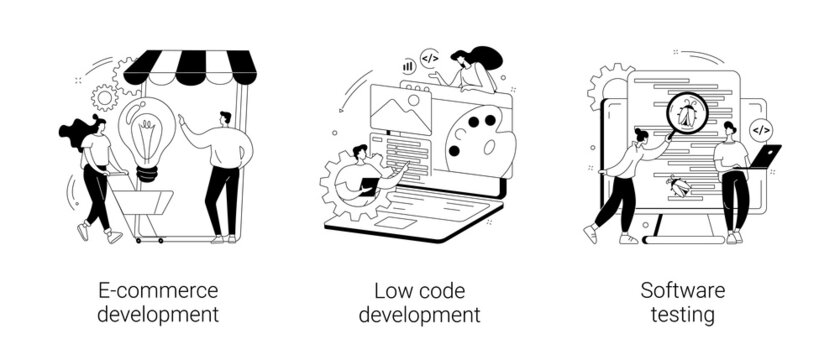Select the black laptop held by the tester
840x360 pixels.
click(766, 156)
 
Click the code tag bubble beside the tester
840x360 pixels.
click(761, 128)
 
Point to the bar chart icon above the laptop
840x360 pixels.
click(408, 64)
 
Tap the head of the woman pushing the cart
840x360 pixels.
click(96, 127)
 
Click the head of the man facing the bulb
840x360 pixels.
click(226, 119)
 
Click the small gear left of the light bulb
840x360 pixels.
click(104, 97)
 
